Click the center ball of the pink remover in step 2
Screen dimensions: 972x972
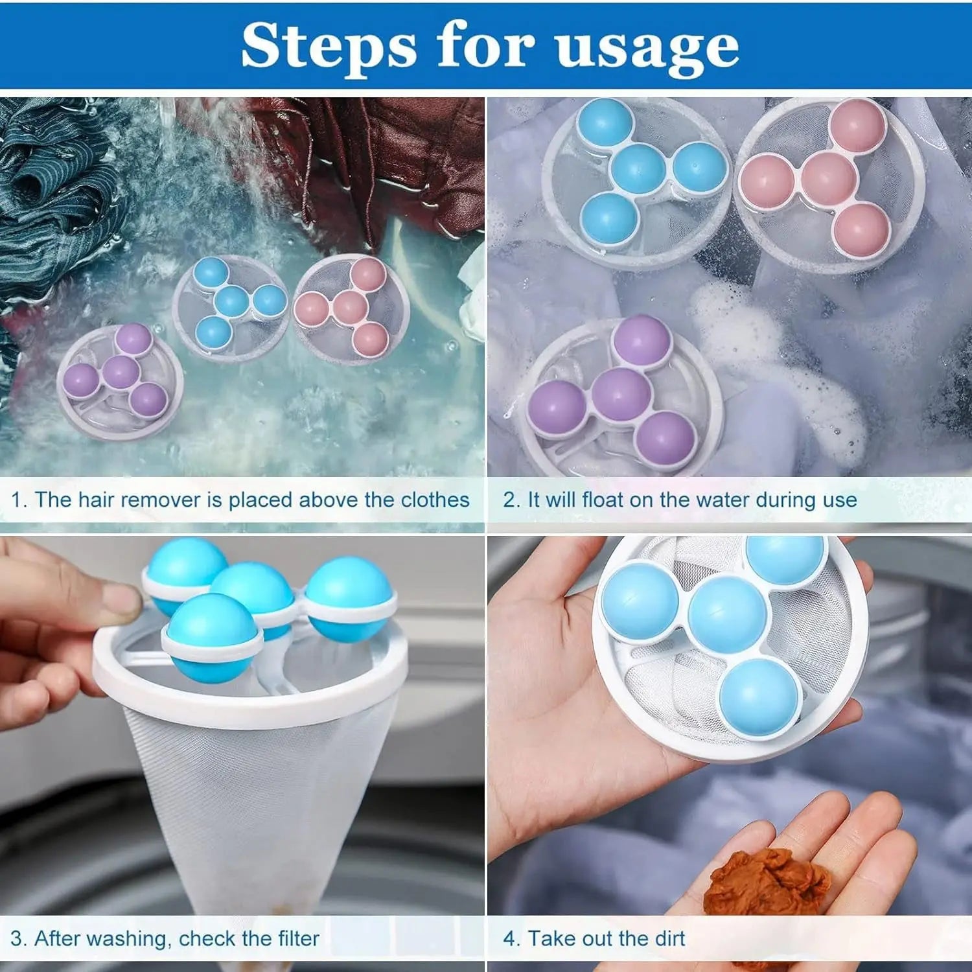[x=828, y=179]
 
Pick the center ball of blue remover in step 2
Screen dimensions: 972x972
[x=639, y=168]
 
